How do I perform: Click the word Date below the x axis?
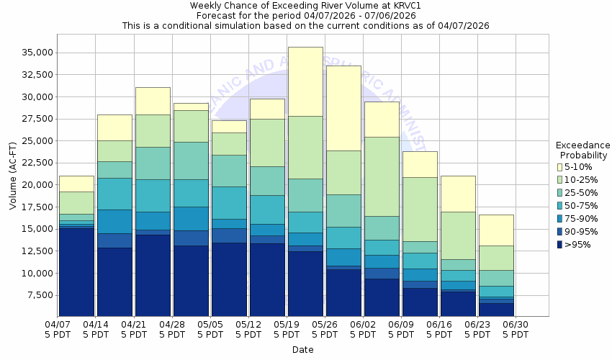coord(302,350)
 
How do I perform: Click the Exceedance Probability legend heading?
coord(583,150)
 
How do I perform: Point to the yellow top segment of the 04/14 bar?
coord(114,127)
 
